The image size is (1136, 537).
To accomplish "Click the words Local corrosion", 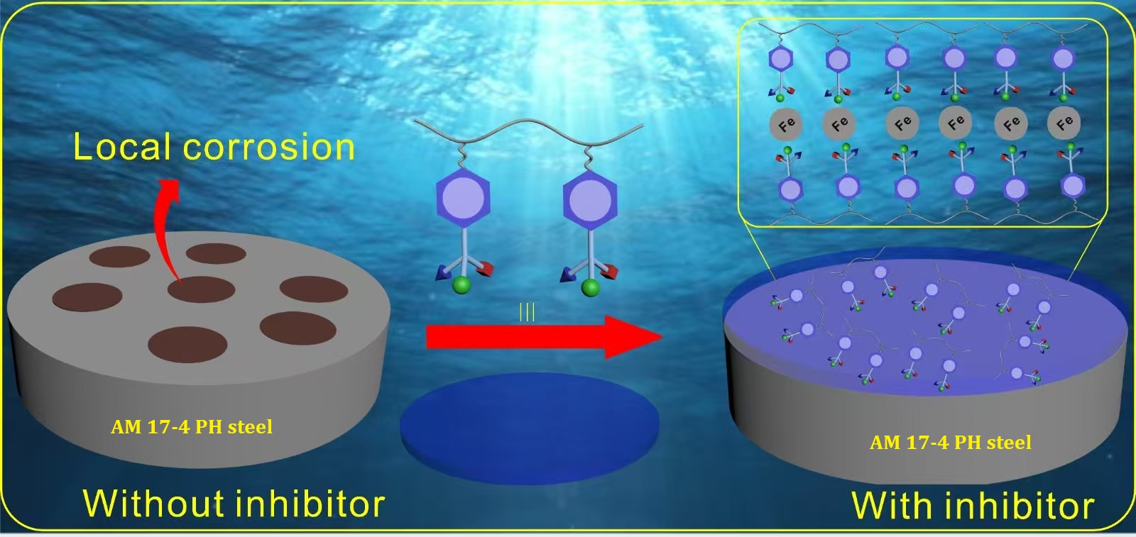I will coord(214,147).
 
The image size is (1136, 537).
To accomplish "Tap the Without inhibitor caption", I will coord(234,503).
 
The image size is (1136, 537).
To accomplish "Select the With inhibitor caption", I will coord(972,506).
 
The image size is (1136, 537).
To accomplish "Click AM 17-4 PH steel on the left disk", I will coord(192,426).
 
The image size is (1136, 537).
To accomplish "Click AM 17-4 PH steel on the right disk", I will coord(951,442).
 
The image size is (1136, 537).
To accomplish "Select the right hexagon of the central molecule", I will coord(590,200).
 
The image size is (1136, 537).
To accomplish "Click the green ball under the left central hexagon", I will coord(461,285).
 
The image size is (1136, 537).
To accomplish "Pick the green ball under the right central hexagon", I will coord(589,287).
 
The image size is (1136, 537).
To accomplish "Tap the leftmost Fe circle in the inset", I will coord(786,125).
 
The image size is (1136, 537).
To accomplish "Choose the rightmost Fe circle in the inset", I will coord(1064,123).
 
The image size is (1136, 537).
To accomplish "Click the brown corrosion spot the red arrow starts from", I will coord(201,289).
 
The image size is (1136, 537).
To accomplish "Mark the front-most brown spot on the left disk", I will coord(187,344).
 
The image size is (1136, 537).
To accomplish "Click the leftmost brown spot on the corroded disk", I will coord(87,297).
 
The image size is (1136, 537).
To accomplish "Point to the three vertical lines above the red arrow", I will coord(527,312).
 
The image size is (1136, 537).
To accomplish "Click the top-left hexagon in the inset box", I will coord(781,59).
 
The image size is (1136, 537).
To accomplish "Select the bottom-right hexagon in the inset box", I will coord(1072,186).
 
